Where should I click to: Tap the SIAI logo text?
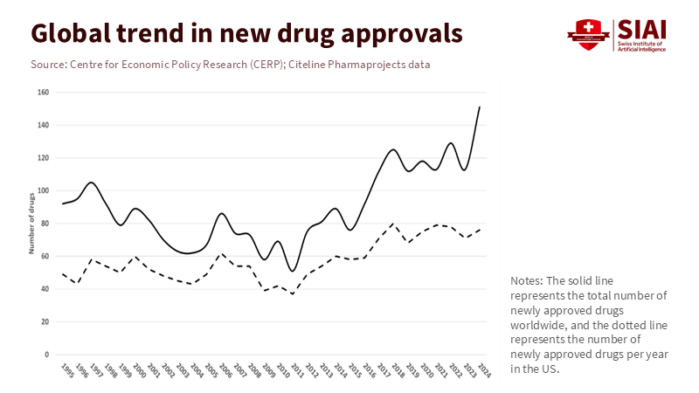[640, 28]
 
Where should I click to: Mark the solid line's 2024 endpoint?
[480, 107]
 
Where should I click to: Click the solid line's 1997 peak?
[92, 183]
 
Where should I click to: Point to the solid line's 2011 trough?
[293, 271]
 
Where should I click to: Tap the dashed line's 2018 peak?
[393, 224]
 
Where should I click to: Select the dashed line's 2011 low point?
[293, 293]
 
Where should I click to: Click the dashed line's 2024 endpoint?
[480, 229]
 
